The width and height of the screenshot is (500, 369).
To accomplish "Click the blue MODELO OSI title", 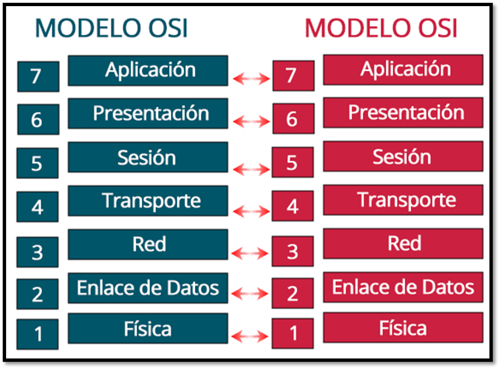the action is point(111,28).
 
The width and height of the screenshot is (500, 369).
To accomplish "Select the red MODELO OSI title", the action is point(381,28).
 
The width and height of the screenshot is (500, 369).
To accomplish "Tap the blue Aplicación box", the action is point(148,70).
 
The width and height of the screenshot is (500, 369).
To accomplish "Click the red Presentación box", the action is point(403,113).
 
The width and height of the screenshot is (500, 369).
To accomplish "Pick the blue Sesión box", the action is point(148,157).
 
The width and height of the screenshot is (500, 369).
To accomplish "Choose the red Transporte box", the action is point(403,200).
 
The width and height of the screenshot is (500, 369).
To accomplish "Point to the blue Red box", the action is point(148,245).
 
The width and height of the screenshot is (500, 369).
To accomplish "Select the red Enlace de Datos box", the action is point(403,287).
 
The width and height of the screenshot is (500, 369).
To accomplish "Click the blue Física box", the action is point(148,328).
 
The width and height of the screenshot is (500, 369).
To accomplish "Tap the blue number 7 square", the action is point(39,76).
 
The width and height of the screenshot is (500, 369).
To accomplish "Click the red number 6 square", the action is point(294,118).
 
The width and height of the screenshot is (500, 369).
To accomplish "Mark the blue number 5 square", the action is point(37,163).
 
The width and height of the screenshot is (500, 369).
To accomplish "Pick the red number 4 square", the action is point(293,205).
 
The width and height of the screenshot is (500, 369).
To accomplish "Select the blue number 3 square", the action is point(37,252).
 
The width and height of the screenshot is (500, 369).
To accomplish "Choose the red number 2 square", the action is point(293,293).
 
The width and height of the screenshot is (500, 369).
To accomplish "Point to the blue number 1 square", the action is point(37,334).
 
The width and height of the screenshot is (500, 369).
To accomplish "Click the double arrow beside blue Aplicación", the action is point(251,79).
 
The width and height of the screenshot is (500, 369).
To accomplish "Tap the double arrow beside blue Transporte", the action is point(251,211).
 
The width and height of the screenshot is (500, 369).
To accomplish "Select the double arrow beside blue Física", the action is point(249,336).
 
